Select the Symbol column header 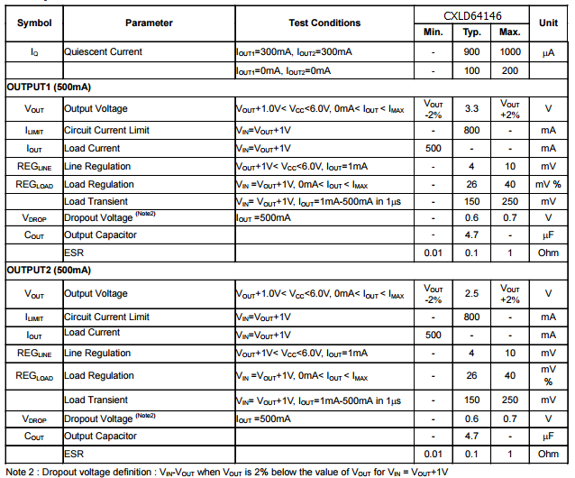tap(33, 23)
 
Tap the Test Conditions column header tap(324, 23)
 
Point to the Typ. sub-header tap(471, 32)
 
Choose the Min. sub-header tap(433, 32)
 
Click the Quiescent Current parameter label tap(103, 52)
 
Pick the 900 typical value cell tap(471, 52)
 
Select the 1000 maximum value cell tap(510, 52)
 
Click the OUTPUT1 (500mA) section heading tap(49, 87)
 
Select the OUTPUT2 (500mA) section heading tap(49, 270)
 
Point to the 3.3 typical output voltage tap(471, 108)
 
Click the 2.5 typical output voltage tap(471, 294)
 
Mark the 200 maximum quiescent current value tap(510, 70)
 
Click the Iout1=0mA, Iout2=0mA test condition tap(283, 70)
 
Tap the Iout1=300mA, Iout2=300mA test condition tap(294, 52)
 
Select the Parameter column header tap(149, 23)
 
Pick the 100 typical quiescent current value tap(471, 70)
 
